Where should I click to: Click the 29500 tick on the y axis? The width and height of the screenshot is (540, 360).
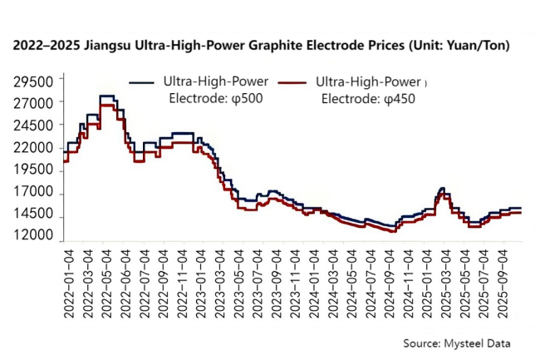(35, 81)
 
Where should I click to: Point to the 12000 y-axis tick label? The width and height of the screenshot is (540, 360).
(35, 237)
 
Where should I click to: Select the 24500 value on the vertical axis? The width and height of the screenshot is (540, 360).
(35, 126)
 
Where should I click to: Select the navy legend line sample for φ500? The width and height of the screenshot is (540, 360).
(143, 82)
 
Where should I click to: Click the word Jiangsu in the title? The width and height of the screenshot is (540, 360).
(117, 45)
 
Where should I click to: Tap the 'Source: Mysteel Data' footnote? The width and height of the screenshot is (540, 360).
(457, 343)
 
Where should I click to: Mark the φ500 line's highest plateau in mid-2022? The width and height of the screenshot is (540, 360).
(106, 96)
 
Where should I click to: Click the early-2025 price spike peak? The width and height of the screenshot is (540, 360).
(441, 189)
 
